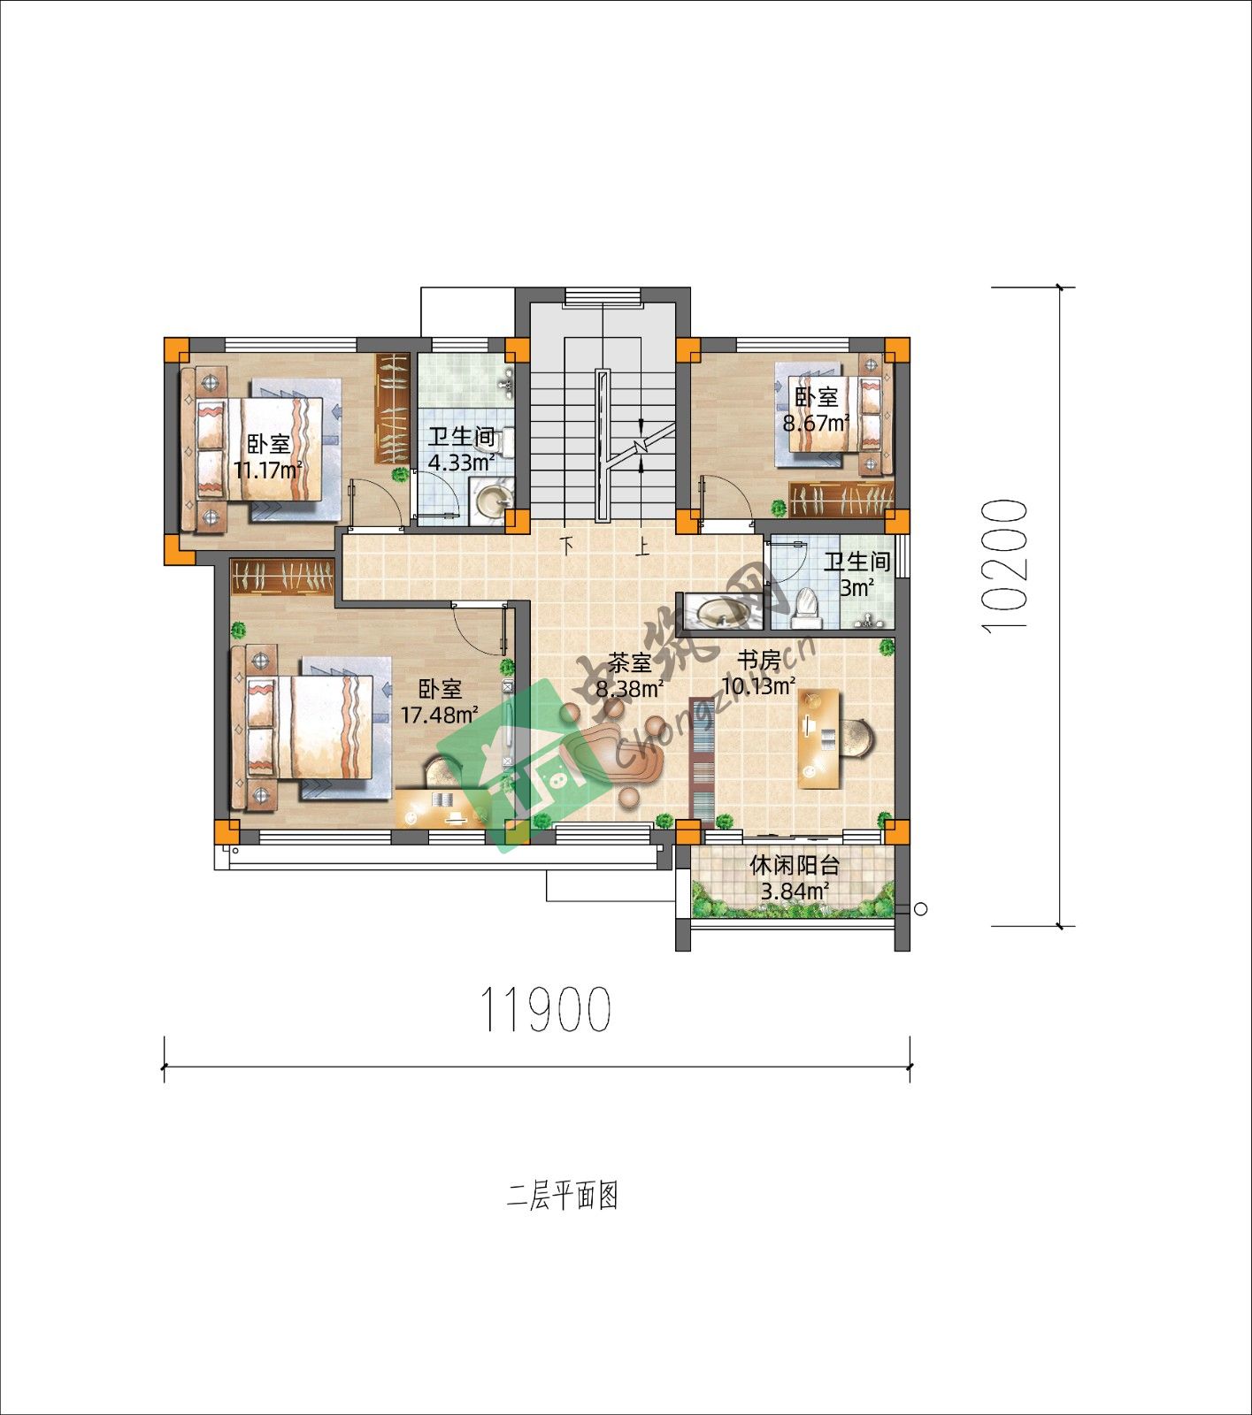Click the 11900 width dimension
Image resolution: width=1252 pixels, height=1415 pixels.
point(545,1009)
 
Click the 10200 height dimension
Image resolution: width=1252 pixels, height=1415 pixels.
point(1005,564)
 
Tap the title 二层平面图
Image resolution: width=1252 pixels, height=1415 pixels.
point(563,1196)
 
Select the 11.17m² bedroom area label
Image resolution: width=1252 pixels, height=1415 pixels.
point(268,456)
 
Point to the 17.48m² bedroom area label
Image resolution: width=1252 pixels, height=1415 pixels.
point(440,701)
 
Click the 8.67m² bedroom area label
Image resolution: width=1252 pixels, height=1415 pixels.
point(816,409)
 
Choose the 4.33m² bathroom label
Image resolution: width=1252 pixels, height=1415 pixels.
point(461,449)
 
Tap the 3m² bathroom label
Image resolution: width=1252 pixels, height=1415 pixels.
point(856,574)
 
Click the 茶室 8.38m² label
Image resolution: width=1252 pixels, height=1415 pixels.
point(630,676)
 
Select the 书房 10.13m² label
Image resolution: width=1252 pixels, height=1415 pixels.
point(759,673)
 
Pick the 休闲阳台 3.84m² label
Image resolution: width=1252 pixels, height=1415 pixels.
point(795,877)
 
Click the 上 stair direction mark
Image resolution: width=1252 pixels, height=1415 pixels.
point(641,542)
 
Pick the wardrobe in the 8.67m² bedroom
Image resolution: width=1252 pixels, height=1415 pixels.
point(841,500)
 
